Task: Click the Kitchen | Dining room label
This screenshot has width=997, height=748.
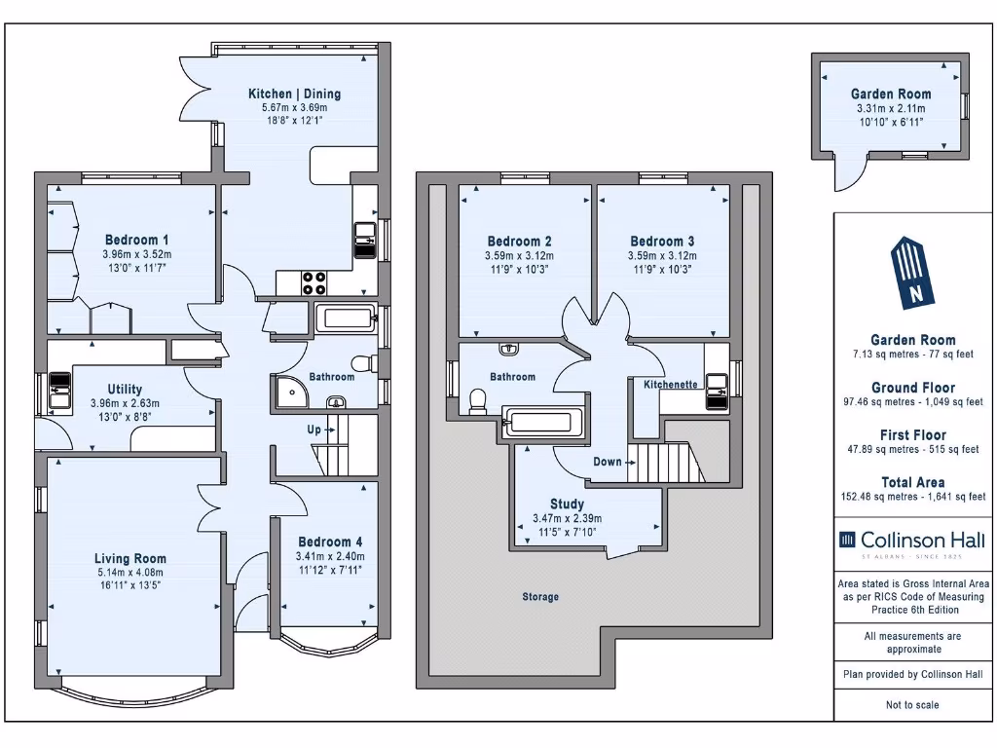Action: point(294,94)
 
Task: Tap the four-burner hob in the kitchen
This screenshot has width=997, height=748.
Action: point(314,283)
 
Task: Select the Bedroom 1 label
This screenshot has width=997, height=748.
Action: point(136,240)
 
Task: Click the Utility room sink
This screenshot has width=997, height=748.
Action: point(59,390)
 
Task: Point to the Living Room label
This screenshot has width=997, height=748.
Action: point(130,558)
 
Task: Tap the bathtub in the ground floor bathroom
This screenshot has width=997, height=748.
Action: point(347,318)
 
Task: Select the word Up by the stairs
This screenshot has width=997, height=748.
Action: point(314,430)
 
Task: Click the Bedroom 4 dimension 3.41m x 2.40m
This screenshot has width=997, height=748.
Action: point(330,556)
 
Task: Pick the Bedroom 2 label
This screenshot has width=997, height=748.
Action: point(520,242)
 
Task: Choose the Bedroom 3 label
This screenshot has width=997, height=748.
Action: point(662,242)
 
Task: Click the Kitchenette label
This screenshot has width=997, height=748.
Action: point(670,384)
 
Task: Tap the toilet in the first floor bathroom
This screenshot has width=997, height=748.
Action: point(477,401)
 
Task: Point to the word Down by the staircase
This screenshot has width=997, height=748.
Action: point(608,462)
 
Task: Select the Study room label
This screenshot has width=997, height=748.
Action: point(567,504)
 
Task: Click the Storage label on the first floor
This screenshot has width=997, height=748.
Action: point(540,597)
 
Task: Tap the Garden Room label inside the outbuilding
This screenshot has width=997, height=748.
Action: point(891,94)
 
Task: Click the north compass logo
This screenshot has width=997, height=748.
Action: point(913,273)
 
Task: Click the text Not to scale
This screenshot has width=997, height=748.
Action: point(912,705)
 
